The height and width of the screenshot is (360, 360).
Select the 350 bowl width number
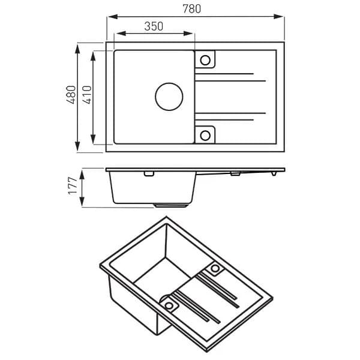point(154,26)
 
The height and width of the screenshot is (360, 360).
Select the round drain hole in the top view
point(169,97)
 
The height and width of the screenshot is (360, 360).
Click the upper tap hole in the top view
point(205,60)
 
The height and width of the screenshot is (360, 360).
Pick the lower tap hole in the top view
point(205,134)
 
